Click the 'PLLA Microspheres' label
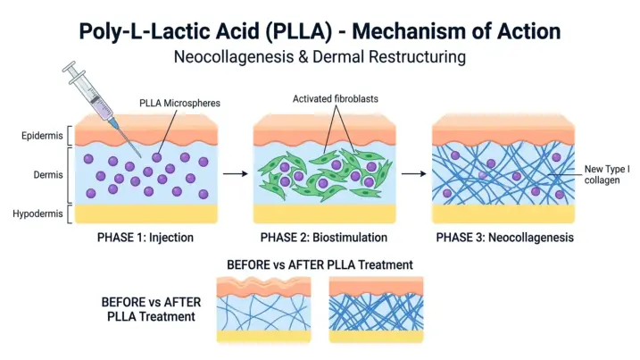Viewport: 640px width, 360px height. pyautogui.click(x=179, y=104)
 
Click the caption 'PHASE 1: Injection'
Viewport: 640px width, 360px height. pyautogui.click(x=145, y=239)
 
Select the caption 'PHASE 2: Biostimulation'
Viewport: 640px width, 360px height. pyautogui.click(x=323, y=239)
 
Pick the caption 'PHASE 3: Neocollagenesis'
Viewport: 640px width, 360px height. pyautogui.click(x=504, y=239)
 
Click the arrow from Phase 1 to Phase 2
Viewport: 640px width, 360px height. pyautogui.click(x=234, y=174)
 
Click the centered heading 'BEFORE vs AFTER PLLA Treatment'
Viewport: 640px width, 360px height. pyautogui.click(x=320, y=264)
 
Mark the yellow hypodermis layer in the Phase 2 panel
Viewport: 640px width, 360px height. pyautogui.click(x=323, y=214)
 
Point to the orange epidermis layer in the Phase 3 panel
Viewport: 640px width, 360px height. pyautogui.click(x=502, y=130)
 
